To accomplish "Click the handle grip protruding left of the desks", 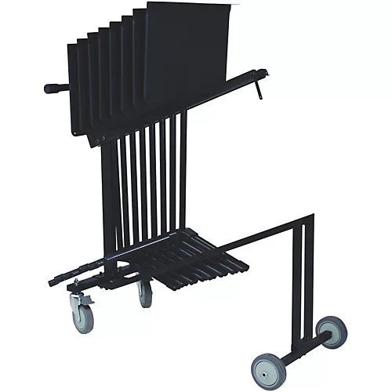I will (56, 88).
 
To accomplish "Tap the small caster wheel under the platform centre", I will (145, 295).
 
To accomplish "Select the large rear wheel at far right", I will (333, 332).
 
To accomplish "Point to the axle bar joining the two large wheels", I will (302, 349).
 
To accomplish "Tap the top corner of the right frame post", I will (311, 216).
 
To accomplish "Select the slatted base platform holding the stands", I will (196, 255).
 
